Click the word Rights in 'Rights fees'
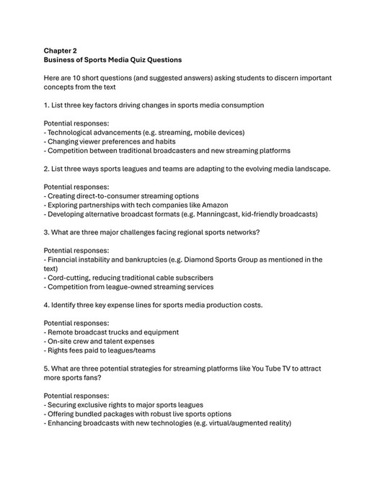coord(60,350)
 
